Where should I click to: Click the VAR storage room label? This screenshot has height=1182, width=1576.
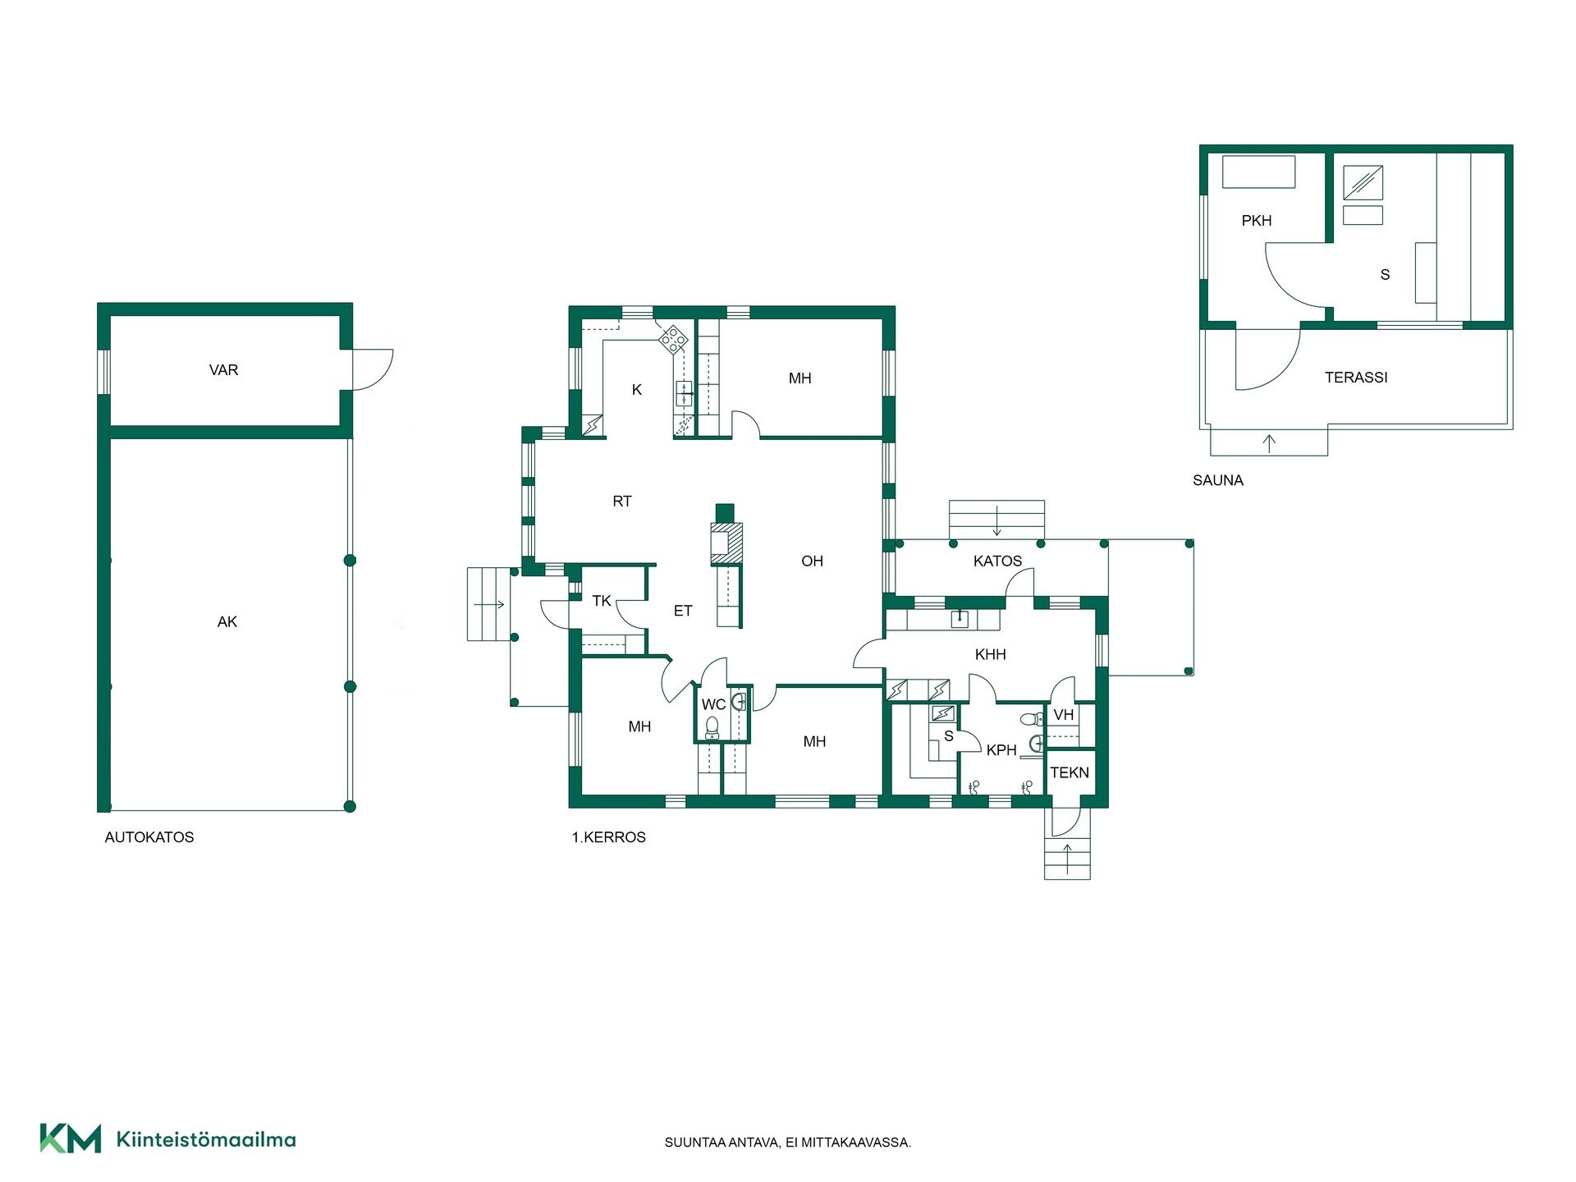[x=223, y=370]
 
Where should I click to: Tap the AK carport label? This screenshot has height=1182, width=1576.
[x=227, y=622]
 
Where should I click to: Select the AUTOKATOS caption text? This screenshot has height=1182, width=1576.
[x=149, y=837]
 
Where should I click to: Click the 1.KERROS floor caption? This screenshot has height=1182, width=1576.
[x=608, y=837]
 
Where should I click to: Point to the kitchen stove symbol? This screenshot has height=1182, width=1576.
[x=673, y=339]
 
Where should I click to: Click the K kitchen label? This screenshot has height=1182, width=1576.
[x=637, y=390]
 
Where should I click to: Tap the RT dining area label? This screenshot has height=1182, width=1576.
[x=622, y=502]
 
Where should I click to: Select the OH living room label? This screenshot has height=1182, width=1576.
[x=812, y=561]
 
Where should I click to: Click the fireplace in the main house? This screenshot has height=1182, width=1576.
[x=726, y=543]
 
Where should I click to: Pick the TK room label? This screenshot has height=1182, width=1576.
[x=602, y=601]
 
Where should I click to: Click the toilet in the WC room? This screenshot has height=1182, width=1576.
[x=712, y=727]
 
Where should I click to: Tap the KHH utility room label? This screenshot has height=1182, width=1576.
[x=991, y=655]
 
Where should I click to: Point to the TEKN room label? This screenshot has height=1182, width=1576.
[x=1070, y=772]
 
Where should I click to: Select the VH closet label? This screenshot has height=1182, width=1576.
[x=1064, y=715]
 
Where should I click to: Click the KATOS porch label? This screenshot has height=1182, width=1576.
[x=997, y=561]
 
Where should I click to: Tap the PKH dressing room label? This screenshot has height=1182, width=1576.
[x=1257, y=221]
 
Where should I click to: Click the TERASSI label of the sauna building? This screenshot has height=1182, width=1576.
[x=1356, y=378]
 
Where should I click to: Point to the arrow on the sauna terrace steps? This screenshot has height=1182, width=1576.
[x=1269, y=444]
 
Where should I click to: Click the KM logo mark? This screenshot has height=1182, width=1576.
[x=71, y=1138]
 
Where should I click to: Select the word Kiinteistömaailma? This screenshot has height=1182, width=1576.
[x=206, y=1139]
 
